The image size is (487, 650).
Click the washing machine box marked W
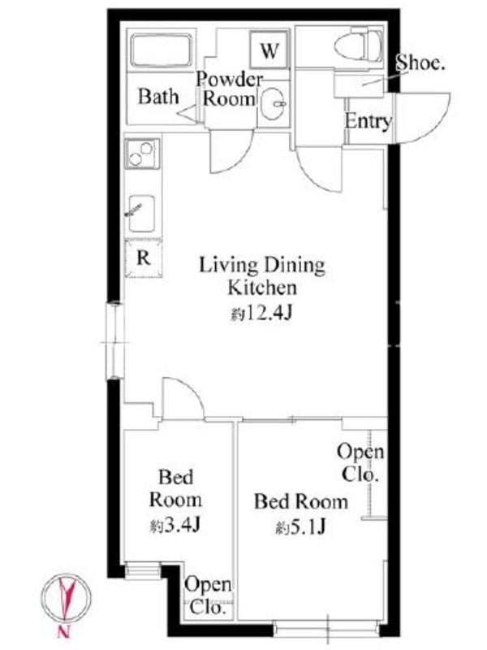(x=269, y=50)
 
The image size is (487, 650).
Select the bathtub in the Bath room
(x=161, y=51)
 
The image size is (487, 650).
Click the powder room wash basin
(x=274, y=104)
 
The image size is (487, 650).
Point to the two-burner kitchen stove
(x=142, y=154)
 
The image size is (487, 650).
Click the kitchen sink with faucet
(x=141, y=213)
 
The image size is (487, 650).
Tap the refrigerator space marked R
(x=144, y=258)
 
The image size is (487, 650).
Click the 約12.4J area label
(x=261, y=314)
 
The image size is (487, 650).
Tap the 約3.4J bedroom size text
(x=175, y=526)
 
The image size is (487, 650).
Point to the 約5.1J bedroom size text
(x=301, y=527)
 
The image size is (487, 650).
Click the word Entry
(x=368, y=121)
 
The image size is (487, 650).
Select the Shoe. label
(x=420, y=63)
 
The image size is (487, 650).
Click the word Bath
(x=158, y=96)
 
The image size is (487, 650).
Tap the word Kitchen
(x=262, y=288)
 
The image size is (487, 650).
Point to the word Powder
(x=230, y=79)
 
